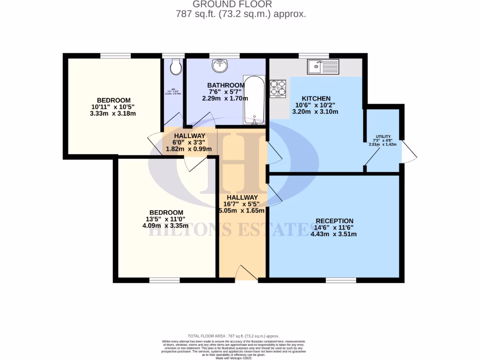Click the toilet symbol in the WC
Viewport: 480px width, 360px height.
175,67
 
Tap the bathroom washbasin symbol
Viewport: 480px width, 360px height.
219,67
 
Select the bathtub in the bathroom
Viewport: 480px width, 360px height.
254,100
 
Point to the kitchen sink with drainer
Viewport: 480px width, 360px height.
323,67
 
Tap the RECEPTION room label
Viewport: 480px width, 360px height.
334,221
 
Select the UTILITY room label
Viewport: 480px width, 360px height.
382,136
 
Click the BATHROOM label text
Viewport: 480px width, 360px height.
226,85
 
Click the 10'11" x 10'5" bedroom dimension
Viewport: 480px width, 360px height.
113,107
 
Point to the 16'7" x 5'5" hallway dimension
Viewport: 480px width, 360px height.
241,204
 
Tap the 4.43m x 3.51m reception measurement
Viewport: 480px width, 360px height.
334,234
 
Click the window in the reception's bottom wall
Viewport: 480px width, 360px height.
341,280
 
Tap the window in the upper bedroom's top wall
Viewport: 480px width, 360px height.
115,56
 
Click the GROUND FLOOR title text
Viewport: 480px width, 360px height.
239,5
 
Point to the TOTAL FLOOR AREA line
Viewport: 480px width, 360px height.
233,336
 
